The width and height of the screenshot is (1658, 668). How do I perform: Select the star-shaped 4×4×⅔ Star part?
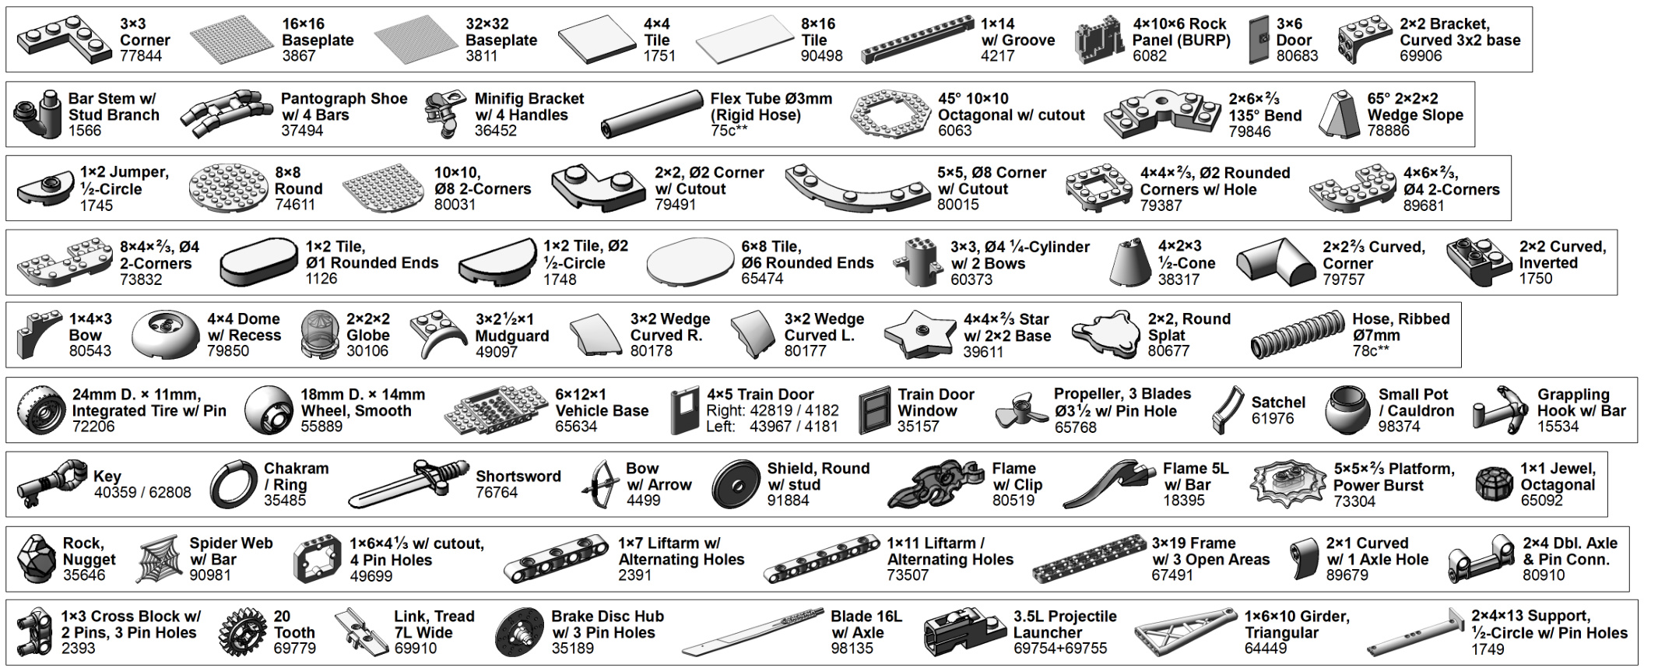point(919,334)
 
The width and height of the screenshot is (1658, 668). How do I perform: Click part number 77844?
point(141,56)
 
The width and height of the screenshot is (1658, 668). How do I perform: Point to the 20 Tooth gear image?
point(243,633)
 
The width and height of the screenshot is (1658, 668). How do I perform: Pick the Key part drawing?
point(51,483)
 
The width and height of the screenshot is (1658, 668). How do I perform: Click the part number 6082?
point(1149,56)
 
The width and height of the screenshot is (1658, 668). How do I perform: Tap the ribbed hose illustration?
point(1296,336)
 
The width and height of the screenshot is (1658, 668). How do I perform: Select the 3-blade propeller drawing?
point(1020,410)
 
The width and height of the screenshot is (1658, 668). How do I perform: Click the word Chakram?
point(296,469)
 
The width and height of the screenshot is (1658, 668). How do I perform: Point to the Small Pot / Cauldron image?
point(1349,410)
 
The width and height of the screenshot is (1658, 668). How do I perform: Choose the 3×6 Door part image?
point(1258,40)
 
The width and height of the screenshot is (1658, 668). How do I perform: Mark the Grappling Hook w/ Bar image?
point(1500,410)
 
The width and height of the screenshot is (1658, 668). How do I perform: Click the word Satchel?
point(1278,403)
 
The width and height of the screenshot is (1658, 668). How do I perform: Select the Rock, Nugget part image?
point(36,559)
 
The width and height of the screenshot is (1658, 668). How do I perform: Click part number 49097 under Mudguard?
point(497,352)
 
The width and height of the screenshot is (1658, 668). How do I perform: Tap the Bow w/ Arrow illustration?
point(601,483)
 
